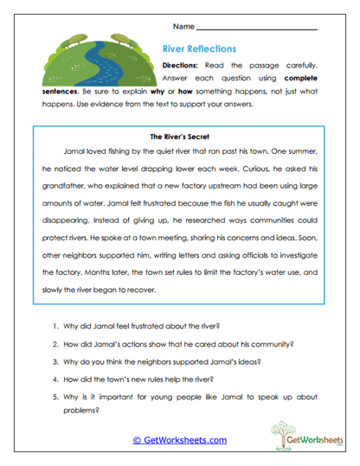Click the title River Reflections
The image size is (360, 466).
(x=199, y=49)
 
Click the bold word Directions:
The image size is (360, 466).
(x=181, y=66)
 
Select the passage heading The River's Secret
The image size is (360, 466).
(x=180, y=136)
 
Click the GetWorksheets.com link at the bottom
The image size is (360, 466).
(x=179, y=440)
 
